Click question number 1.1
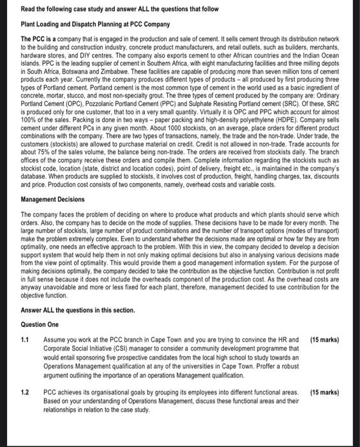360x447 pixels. pyautogui.click(x=26, y=338)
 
